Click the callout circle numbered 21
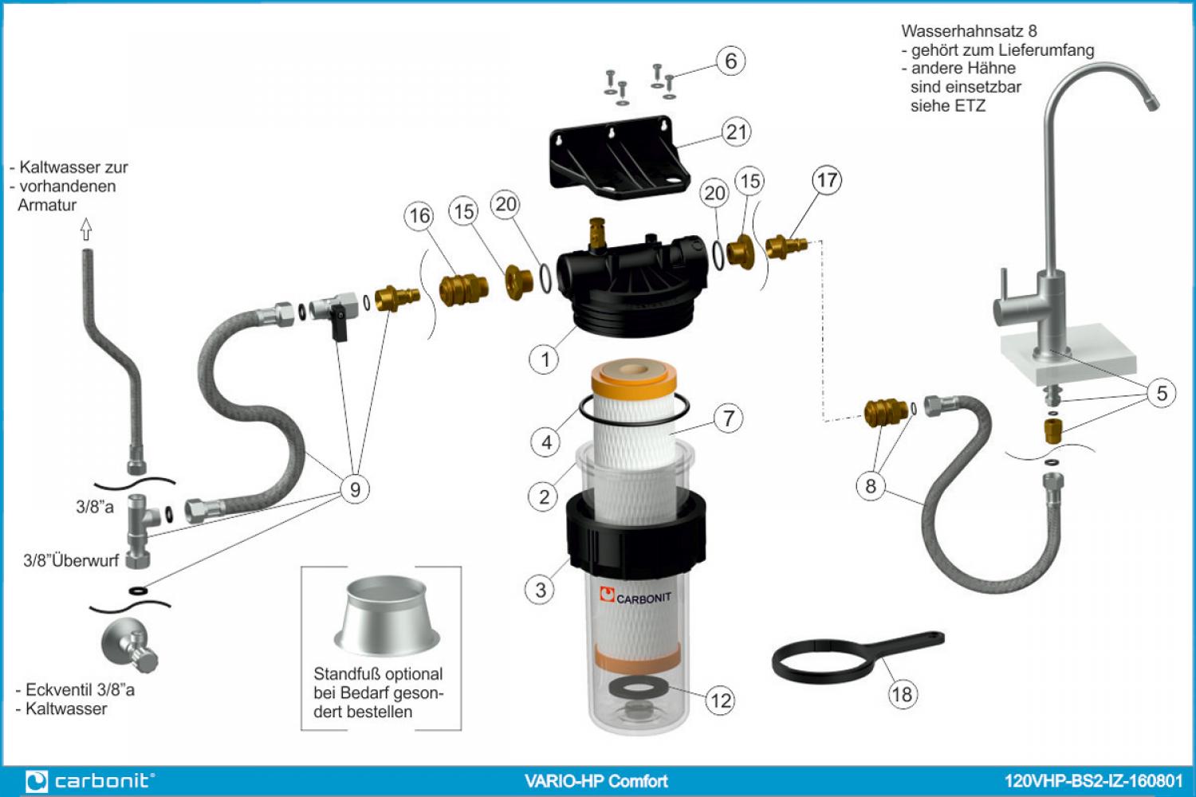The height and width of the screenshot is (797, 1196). pyautogui.click(x=736, y=132)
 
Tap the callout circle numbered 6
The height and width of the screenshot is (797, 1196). pyautogui.click(x=730, y=61)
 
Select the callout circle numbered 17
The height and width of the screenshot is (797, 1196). pyautogui.click(x=827, y=180)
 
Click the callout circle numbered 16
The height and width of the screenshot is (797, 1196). pyautogui.click(x=419, y=215)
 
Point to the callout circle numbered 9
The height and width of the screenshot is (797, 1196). pyautogui.click(x=355, y=489)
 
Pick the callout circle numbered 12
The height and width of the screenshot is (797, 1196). pyautogui.click(x=720, y=701)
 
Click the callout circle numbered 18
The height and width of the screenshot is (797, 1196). pyautogui.click(x=902, y=694)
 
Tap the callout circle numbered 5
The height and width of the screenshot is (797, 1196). pyautogui.click(x=1162, y=393)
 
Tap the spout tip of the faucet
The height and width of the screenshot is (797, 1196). pyautogui.click(x=1152, y=102)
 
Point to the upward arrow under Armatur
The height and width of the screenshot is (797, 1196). pyautogui.click(x=86, y=230)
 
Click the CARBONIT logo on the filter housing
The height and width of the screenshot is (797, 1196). pyautogui.click(x=635, y=596)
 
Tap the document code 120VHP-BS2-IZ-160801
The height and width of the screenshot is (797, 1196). pyautogui.click(x=1092, y=781)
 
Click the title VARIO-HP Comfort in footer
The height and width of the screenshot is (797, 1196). pyautogui.click(x=596, y=781)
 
